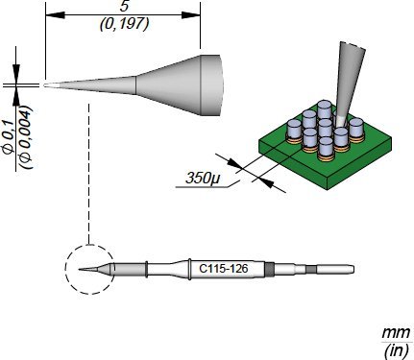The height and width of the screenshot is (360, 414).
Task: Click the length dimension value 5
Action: [124, 7]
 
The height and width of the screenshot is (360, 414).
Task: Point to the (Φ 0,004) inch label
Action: [26, 136]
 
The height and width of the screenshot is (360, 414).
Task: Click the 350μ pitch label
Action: [203, 179]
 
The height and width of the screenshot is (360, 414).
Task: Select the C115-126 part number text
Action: [224, 268]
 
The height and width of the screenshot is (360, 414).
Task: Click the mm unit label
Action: [396, 333]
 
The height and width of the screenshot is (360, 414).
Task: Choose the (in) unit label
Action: [397, 350]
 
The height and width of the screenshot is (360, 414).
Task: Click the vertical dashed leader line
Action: [88, 173]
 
